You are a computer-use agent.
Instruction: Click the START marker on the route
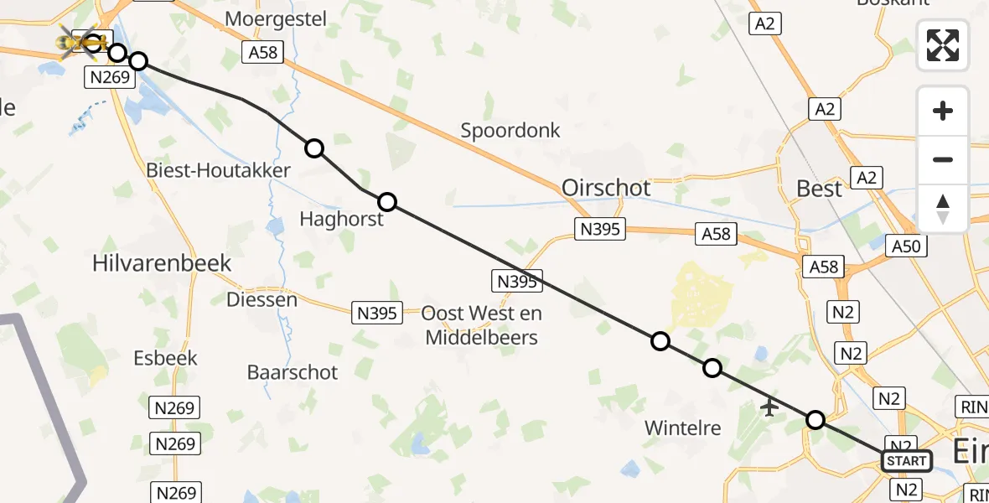coord(907,461)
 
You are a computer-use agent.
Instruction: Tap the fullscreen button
coord(943,45)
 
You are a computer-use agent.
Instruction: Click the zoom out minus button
coord(943,159)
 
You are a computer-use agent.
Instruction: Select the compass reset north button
coord(943,208)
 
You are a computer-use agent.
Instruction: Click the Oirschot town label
coord(606,188)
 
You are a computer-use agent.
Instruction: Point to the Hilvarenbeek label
coord(161,263)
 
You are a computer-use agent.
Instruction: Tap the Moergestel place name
coord(275,18)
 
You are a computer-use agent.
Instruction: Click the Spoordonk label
coord(510,131)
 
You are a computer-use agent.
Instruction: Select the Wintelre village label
coord(682,428)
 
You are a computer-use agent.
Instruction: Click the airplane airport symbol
coord(769,408)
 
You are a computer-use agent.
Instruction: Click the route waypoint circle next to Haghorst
coord(387,202)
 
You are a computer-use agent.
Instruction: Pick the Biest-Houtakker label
coord(218,171)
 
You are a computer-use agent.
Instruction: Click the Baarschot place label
coord(293,372)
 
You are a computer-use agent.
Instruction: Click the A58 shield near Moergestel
coord(262,52)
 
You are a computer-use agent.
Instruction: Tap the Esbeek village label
coord(165,358)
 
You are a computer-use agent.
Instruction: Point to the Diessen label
coord(261,299)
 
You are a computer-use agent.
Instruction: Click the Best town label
coord(819,189)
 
